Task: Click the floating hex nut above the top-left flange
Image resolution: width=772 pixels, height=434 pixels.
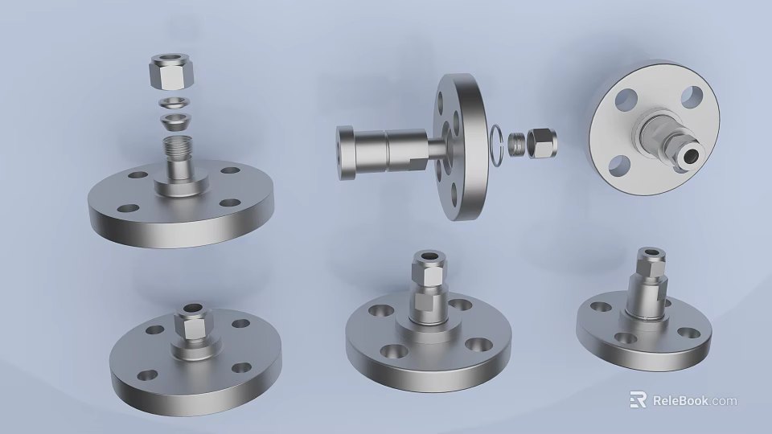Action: tap(170, 73)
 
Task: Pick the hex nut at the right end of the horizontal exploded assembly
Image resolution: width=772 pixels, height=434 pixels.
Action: tap(545, 141)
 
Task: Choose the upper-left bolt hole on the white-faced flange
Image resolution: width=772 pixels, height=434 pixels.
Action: tap(626, 100)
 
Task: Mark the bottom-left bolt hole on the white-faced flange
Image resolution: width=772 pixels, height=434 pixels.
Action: tap(618, 166)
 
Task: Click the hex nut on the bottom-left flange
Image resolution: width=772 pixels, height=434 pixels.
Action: tap(191, 325)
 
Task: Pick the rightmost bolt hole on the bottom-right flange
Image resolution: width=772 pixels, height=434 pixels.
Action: tap(688, 332)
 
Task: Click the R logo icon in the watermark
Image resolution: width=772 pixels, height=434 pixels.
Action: tap(638, 399)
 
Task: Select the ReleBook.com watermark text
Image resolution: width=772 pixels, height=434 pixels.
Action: tap(694, 400)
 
